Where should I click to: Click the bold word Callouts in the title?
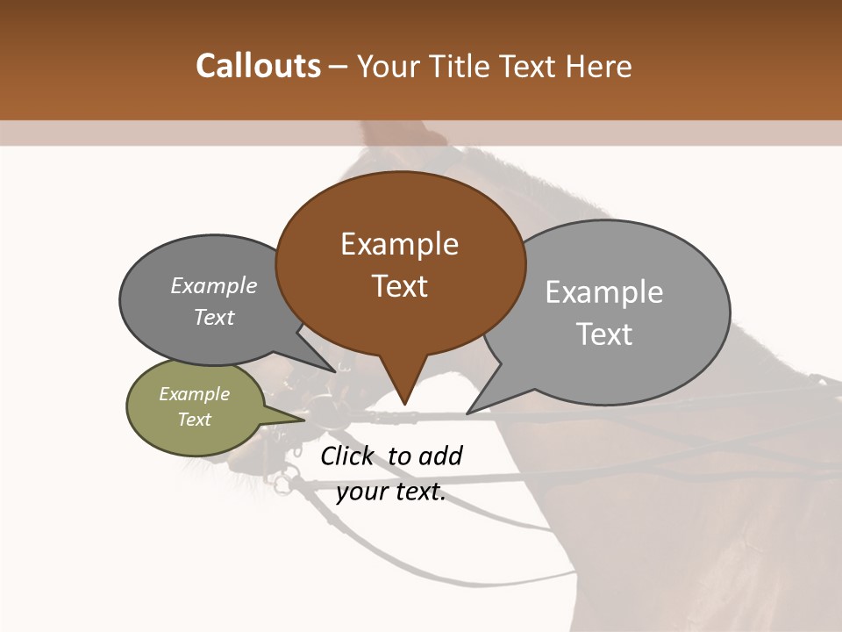tap(258, 66)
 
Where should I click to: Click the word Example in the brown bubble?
tap(400, 244)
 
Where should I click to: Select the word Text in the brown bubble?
tap(400, 286)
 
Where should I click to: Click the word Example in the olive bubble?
tap(195, 394)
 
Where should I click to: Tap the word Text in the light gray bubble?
tap(604, 334)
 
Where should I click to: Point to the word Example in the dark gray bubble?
tap(214, 285)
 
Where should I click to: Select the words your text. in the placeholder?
tap(391, 492)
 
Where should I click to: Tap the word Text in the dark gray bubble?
tap(214, 317)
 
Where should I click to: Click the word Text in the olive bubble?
tap(195, 420)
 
